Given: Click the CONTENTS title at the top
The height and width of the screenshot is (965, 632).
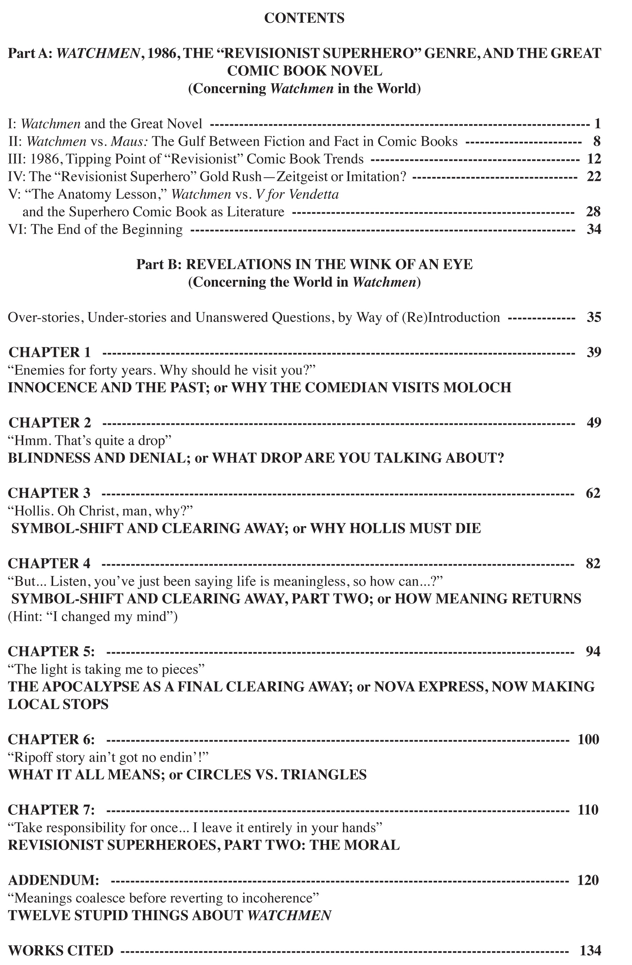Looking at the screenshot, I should pos(304,18).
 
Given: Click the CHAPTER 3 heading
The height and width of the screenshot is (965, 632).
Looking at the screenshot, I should pos(49,493).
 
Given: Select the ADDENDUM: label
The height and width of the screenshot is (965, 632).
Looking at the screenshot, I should pos(53,880).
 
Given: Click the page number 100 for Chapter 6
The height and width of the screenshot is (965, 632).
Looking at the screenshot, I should pos(588,739).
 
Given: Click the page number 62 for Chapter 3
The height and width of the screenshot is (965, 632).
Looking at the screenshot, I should pos(593,493).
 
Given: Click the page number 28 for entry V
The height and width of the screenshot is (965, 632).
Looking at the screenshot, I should pos(593,212).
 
